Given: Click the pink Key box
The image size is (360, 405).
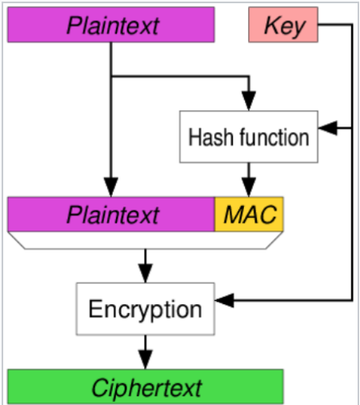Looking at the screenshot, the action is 283,25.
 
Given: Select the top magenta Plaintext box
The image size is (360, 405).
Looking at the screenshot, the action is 111,25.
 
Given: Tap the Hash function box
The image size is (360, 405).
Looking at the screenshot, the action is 249,137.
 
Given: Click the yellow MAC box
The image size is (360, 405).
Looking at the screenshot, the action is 249,215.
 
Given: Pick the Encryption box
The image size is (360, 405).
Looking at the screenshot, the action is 146,309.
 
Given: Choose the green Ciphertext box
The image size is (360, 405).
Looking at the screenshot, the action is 146,387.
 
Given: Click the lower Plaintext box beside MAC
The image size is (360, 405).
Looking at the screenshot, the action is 111,215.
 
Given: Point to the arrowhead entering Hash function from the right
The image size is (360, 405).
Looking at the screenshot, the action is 328,128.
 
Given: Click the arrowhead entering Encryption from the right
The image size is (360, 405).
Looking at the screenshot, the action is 224,300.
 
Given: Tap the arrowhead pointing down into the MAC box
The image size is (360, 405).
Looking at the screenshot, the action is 249,187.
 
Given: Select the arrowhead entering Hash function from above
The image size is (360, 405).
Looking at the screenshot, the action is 249,101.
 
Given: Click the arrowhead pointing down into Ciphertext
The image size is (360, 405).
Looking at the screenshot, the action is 146,359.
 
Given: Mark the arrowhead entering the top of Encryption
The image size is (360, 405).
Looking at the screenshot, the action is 146,273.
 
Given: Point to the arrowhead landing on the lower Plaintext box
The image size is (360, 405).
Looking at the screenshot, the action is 111,187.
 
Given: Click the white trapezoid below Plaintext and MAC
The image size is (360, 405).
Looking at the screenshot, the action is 146,240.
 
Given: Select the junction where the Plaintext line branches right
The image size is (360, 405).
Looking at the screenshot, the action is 111,77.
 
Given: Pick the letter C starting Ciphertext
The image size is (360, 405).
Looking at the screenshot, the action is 101,387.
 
